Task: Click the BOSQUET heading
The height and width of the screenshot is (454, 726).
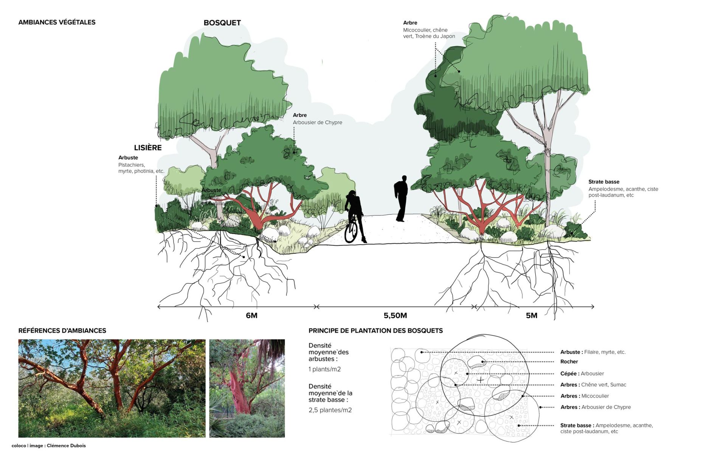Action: [222, 23]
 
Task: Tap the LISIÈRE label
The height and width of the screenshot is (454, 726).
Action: [147, 148]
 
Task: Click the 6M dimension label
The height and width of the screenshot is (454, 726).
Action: [251, 316]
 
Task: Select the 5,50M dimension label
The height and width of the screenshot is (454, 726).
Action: [395, 316]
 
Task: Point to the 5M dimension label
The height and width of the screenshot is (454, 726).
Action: [531, 316]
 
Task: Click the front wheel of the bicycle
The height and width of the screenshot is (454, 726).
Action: [351, 232]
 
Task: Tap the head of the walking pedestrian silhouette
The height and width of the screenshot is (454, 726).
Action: [404, 178]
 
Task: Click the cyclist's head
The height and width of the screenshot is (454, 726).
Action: [352, 193]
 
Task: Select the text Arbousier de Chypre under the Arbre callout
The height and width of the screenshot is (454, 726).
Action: [317, 122]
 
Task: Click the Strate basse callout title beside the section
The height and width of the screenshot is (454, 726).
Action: [603, 182]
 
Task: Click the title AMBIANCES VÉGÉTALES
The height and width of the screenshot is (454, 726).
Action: [57, 22]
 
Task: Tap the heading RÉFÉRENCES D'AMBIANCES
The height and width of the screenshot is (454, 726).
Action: [62, 331]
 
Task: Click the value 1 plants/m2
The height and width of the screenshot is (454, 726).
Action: [324, 369]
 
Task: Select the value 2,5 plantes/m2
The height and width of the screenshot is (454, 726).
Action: [330, 410]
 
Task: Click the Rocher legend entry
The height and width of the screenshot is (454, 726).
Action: [569, 362]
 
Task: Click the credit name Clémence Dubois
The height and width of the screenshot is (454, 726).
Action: [66, 446]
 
